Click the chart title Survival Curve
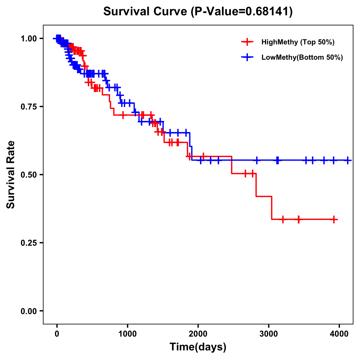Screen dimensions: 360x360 click(x=198, y=12)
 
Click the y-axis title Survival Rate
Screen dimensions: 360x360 click(x=11, y=175)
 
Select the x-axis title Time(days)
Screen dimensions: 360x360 click(x=198, y=347)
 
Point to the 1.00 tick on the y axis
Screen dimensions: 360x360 click(x=29, y=39)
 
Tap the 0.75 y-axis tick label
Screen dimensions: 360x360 click(x=29, y=107)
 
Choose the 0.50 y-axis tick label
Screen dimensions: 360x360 click(x=29, y=175)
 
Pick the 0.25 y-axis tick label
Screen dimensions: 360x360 click(x=29, y=243)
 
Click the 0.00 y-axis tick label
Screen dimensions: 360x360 click(x=29, y=311)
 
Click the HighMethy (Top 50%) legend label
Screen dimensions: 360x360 click(x=298, y=42)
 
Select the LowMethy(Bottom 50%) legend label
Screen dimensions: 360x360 click(x=302, y=58)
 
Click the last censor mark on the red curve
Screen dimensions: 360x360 click(x=334, y=220)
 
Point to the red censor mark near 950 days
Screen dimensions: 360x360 click(x=123, y=115)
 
